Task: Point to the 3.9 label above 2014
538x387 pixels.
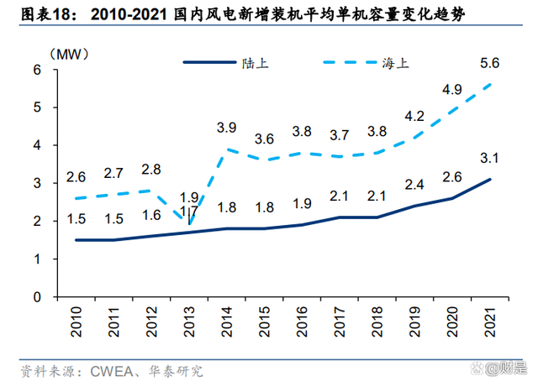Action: tap(226, 128)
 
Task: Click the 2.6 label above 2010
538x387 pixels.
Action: tap(76, 177)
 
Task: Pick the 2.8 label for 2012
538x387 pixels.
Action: tap(151, 169)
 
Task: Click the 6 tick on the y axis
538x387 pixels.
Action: tap(37, 70)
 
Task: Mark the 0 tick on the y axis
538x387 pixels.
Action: tap(37, 297)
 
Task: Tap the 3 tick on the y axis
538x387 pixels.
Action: tap(37, 183)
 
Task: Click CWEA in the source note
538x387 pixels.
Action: tap(108, 370)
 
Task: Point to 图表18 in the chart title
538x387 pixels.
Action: tap(40, 14)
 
